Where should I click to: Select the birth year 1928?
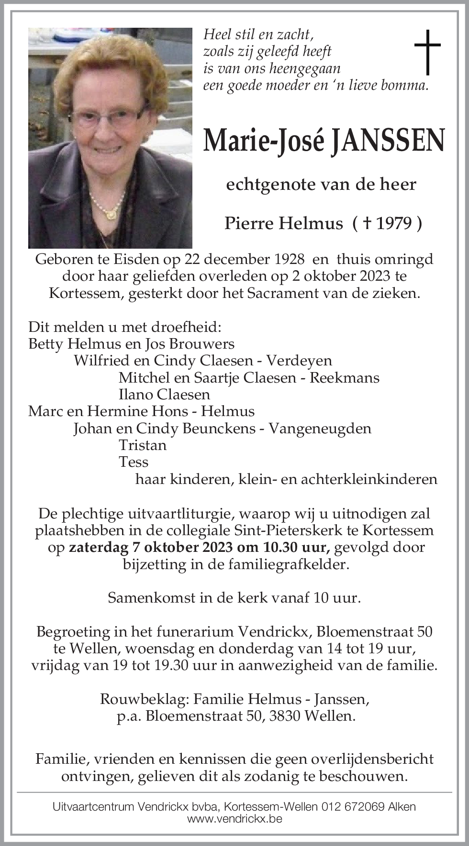pos(285,259)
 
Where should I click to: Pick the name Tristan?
pos(143,445)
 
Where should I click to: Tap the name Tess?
pos(134,461)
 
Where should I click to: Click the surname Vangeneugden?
pos(320,428)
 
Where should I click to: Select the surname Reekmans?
pos(345,377)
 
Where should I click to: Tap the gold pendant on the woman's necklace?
pos(111,214)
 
